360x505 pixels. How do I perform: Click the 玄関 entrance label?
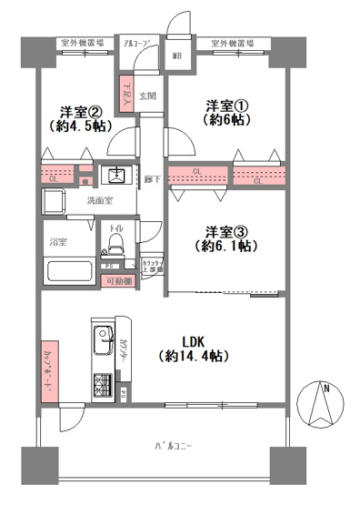149,95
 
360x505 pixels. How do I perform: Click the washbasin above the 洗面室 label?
116,176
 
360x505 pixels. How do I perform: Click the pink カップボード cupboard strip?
49,370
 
